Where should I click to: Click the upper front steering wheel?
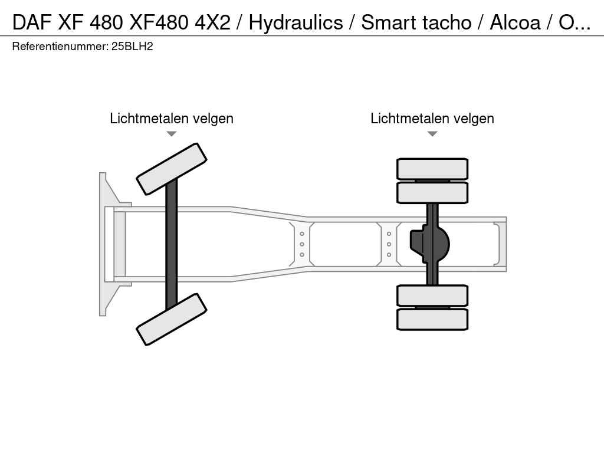click(172, 169)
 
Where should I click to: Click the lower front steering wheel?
click(172, 319)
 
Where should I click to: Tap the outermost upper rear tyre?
click(432, 169)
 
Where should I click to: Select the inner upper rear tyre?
click(432, 193)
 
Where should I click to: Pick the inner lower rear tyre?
click(432, 296)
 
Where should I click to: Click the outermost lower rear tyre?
click(432, 319)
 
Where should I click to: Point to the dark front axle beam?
click(172, 244)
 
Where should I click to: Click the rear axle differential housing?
click(429, 244)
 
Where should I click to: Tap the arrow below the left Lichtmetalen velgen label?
click(172, 134)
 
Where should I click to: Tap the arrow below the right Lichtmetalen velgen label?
click(432, 134)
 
